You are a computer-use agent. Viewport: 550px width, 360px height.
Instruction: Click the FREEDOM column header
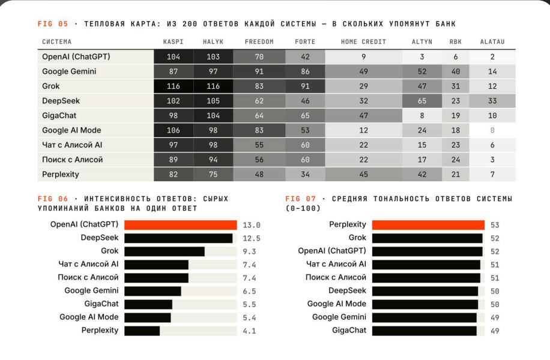tap(259, 42)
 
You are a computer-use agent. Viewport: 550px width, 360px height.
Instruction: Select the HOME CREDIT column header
tap(363, 42)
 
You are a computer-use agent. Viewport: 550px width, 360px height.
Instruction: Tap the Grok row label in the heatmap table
tap(51, 86)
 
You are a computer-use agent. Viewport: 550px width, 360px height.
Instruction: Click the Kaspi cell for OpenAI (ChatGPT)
tap(174, 57)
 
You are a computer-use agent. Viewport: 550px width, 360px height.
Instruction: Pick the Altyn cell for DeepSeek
tap(422, 101)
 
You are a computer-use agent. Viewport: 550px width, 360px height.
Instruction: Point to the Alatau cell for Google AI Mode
tap(492, 130)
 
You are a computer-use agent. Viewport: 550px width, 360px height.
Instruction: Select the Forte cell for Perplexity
tap(305, 174)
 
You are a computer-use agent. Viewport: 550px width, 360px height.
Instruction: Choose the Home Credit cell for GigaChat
tap(363, 116)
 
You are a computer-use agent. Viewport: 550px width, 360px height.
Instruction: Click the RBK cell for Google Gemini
tap(455, 71)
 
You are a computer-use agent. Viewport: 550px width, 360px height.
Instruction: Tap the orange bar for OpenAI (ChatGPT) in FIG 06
tap(181, 224)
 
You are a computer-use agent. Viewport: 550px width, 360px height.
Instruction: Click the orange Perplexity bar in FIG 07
tap(428, 224)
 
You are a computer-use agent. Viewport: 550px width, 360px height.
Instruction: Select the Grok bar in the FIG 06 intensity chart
tap(165, 251)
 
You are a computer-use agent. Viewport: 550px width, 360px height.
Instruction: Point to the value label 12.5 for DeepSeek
tap(252, 238)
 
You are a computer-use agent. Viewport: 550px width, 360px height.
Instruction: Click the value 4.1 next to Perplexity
tap(249, 331)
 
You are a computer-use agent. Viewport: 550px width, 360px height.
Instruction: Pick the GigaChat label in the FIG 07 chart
tap(349, 330)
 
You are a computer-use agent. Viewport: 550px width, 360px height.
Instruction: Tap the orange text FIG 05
tap(53, 24)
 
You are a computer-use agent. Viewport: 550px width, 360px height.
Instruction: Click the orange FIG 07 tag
tap(300, 199)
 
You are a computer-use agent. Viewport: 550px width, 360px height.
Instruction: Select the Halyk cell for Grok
tap(213, 86)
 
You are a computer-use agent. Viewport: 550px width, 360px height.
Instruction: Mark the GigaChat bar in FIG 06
tap(148, 304)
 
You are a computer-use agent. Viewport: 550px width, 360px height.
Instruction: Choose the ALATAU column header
tap(492, 42)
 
